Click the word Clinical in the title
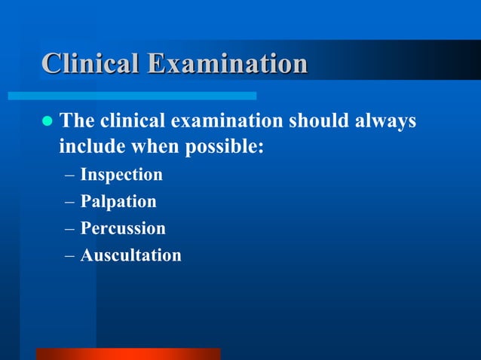point(90,64)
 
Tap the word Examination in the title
point(227,64)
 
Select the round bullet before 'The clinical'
point(47,121)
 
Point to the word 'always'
point(385,121)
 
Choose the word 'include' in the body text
point(87,146)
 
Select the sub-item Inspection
point(121,175)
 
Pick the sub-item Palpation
point(118,202)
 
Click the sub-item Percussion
point(123,228)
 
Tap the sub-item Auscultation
point(130,255)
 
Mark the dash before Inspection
point(69,175)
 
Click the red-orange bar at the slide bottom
point(128,354)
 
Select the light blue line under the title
point(132,96)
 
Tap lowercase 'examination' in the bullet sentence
point(226,121)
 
